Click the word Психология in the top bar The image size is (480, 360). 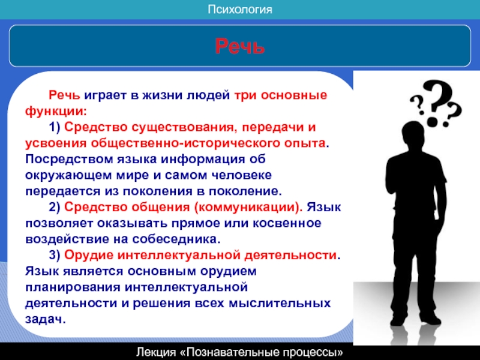[239, 10]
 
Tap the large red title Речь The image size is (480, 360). [239, 46]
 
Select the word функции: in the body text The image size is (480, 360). [56, 111]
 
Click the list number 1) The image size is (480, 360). [55, 127]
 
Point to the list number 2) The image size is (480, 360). [55, 207]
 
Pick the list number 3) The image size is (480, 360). [55, 255]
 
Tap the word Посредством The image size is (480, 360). [69, 160]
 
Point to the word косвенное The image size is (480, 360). [287, 223]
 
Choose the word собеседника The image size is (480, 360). [176, 239]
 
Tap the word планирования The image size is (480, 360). [73, 287]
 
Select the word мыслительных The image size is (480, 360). [280, 304]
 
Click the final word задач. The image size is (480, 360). [46, 319]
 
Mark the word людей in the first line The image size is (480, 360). [208, 95]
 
